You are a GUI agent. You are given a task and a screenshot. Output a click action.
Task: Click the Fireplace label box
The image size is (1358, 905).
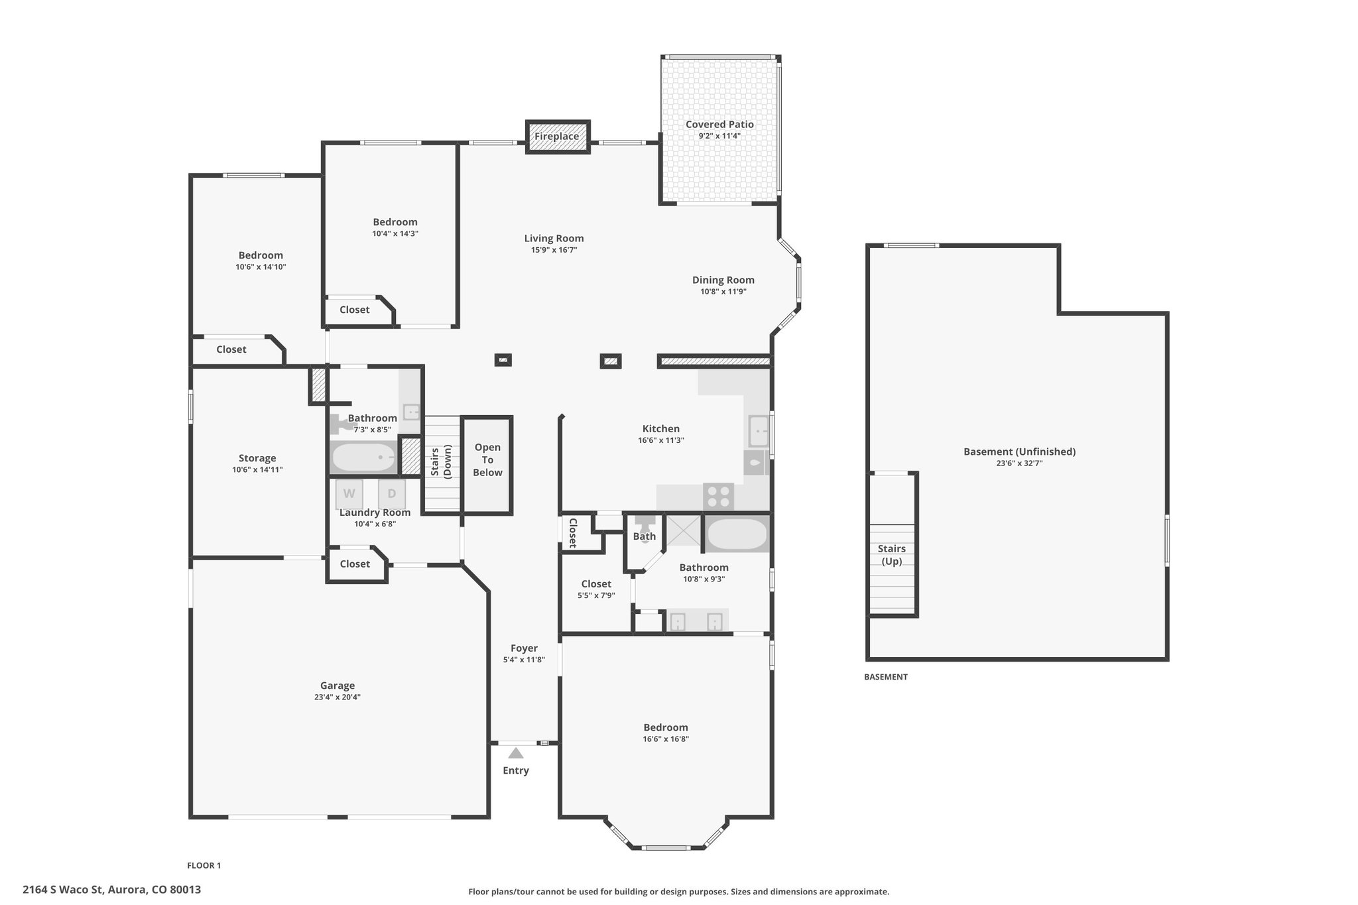point(557,137)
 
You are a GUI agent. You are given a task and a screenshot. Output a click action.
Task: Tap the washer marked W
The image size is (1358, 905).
point(349,493)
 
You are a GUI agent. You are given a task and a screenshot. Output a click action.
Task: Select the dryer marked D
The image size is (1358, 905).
point(392,493)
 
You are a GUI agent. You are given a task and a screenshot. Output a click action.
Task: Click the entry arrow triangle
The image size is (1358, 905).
point(516,753)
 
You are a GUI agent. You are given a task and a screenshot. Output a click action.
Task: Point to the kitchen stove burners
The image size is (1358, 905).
point(719,497)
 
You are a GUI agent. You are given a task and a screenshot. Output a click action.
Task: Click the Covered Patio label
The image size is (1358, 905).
point(719,125)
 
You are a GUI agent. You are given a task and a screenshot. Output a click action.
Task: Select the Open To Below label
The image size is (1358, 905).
point(488,459)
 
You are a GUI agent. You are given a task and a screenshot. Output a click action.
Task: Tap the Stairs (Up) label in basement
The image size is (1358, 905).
point(892,555)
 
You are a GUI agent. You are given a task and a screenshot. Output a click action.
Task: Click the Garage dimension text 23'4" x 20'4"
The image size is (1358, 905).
point(338,697)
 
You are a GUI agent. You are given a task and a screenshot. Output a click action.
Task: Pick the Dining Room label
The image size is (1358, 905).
point(723,280)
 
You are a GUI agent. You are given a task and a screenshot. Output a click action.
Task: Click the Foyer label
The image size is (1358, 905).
point(524,648)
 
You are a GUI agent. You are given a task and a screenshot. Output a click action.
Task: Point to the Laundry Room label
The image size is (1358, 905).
point(375,513)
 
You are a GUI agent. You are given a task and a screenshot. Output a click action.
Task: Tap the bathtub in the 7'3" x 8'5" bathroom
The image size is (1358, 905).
point(363,457)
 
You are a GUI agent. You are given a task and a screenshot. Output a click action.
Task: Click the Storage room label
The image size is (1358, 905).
point(257,458)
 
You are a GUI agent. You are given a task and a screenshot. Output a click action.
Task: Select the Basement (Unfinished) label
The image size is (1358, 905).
point(1020,452)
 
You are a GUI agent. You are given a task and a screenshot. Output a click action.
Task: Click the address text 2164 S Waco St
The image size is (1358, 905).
point(63,890)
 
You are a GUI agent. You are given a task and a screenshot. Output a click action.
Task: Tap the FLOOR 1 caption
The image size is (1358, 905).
point(204,865)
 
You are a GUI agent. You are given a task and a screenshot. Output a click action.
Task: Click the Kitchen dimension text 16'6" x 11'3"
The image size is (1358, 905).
point(661,440)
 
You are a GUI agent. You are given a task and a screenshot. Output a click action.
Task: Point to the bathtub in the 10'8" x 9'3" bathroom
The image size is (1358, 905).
point(737,534)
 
